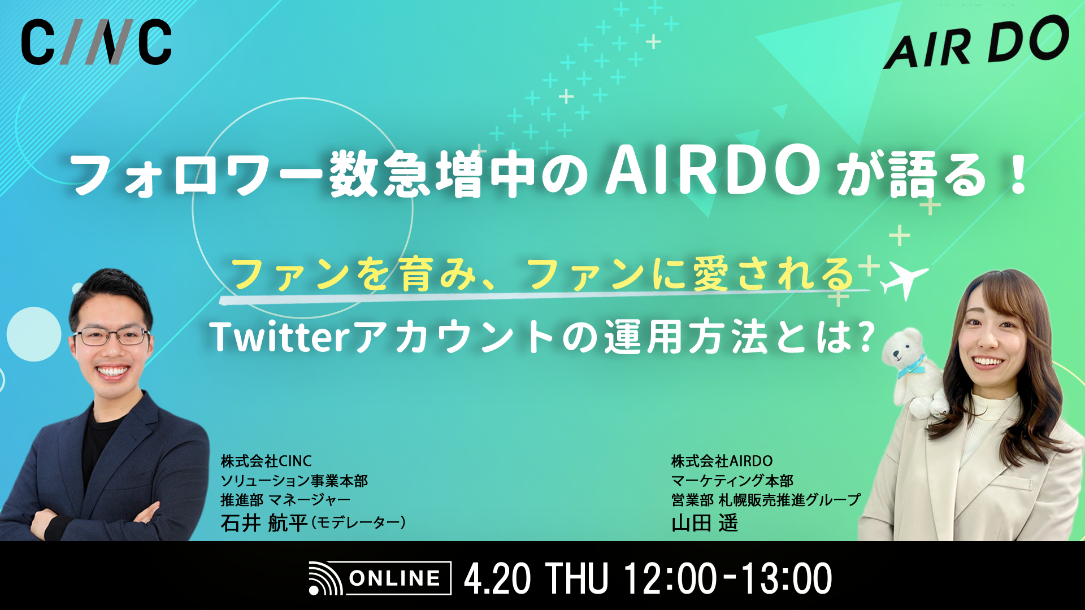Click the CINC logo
pyautogui.click(x=96, y=42)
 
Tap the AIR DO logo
pyautogui.click(x=976, y=43)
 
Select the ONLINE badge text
pyautogui.click(x=394, y=578)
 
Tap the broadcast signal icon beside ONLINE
pyautogui.click(x=325, y=578)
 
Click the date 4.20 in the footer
pyautogui.click(x=497, y=578)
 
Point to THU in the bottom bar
pyautogui.click(x=576, y=578)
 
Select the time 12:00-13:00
pyautogui.click(x=728, y=578)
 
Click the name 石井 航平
pyautogui.click(x=263, y=523)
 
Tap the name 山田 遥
pyautogui.click(x=705, y=523)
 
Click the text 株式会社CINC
pyautogui.click(x=266, y=461)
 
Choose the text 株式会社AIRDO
pyautogui.click(x=722, y=461)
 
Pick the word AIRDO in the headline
pyautogui.click(x=712, y=171)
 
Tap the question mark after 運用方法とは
pyautogui.click(x=865, y=337)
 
